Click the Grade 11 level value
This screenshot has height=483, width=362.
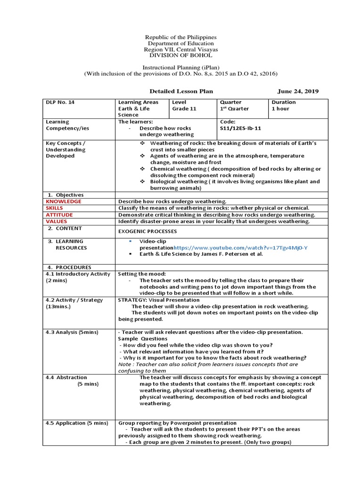184,108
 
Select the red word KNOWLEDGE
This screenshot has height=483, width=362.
64,201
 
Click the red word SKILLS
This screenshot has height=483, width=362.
55,208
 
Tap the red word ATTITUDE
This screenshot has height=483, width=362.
59,215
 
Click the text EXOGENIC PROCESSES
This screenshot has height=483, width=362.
148,232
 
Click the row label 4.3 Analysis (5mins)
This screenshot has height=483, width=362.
72,332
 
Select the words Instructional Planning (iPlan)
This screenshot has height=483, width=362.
181,68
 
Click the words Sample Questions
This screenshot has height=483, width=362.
136,339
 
